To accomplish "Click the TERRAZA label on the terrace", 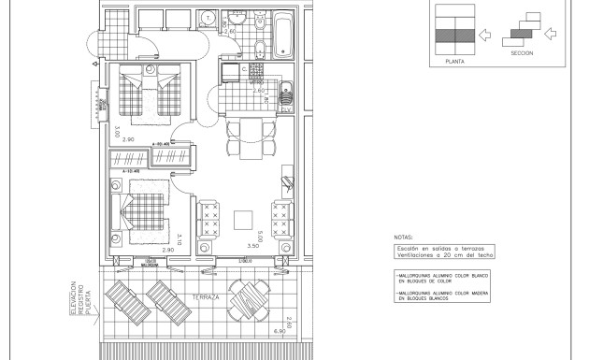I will (207, 296).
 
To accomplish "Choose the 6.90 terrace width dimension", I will (278, 332).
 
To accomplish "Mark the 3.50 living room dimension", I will (252, 245).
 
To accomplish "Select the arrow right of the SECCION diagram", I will (551, 35).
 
